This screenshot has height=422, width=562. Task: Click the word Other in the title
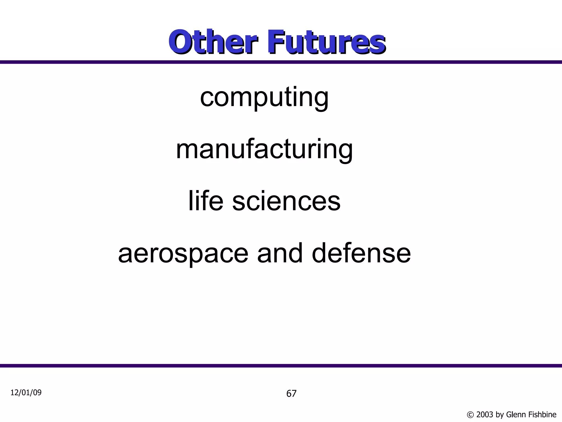(213, 42)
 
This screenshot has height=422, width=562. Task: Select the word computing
(264, 97)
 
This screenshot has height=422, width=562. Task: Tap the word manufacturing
(264, 150)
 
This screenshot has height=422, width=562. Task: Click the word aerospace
(183, 253)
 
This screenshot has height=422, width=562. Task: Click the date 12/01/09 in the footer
(26, 393)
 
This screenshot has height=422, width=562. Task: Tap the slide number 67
(291, 394)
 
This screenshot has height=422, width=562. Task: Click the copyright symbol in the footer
(470, 415)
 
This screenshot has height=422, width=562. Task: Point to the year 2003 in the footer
(485, 415)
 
